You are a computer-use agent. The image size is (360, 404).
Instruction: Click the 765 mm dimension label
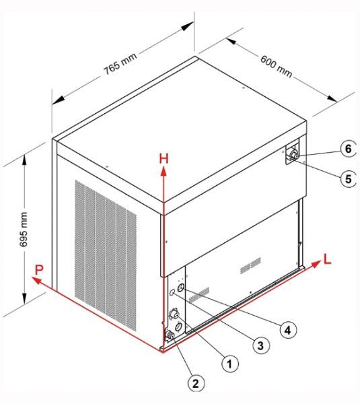(x=120, y=64)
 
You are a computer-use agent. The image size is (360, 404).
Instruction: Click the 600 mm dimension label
(x=277, y=67)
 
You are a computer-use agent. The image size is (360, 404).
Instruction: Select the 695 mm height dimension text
(x=24, y=230)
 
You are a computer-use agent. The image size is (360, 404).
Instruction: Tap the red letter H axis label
(x=164, y=158)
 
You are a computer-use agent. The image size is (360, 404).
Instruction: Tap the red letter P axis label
(x=39, y=270)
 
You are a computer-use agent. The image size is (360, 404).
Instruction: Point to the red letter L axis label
(x=327, y=259)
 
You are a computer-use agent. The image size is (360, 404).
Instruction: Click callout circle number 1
(x=230, y=364)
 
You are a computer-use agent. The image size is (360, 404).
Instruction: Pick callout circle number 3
(x=261, y=345)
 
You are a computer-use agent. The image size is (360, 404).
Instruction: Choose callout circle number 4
(x=288, y=329)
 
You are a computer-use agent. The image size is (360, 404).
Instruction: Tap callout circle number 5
(x=348, y=178)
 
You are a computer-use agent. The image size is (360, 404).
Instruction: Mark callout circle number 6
(x=348, y=149)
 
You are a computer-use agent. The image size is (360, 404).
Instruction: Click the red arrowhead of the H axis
(x=164, y=171)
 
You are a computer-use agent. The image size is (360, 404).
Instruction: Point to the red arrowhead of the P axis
(x=36, y=280)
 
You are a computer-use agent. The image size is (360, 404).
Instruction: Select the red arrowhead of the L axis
(x=316, y=263)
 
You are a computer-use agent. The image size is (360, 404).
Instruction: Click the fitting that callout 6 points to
(x=294, y=155)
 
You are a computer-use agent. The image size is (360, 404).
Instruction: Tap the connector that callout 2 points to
(x=170, y=335)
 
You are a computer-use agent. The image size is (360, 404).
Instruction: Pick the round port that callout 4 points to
(x=181, y=288)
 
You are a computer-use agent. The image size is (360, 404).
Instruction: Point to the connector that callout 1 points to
(x=174, y=314)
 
